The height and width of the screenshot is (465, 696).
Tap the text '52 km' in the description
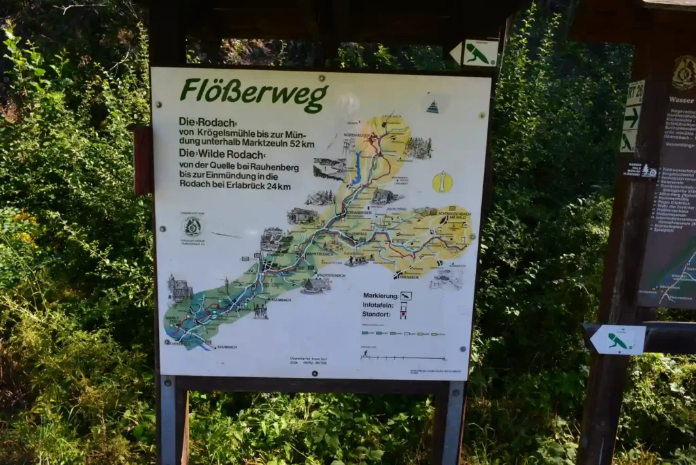pos(299,144)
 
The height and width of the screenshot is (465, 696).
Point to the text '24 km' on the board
pos(278,187)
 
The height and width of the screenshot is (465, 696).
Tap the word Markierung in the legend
pos(380,296)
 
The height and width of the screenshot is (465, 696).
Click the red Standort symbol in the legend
pos(403,315)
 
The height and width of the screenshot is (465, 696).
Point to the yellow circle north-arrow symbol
pos(442,182)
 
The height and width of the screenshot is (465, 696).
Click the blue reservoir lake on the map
pos(356,168)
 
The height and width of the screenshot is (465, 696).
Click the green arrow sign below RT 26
pos(631,118)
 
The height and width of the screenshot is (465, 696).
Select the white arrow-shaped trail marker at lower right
pos(617,340)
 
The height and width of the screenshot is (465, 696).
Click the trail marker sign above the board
pos(475,53)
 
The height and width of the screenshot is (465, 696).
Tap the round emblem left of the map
pos(192,225)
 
